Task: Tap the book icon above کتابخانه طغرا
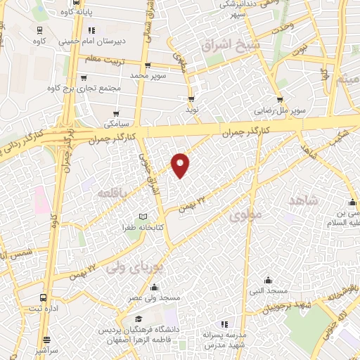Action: (x=144, y=215)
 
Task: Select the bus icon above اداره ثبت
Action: (x=44, y=297)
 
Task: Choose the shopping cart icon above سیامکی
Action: (x=117, y=112)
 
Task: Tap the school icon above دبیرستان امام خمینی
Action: (x=92, y=30)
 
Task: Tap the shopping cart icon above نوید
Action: (x=192, y=99)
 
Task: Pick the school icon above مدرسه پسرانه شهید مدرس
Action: (x=224, y=324)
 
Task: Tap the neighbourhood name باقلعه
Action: (x=112, y=192)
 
